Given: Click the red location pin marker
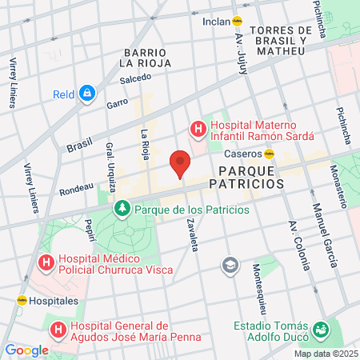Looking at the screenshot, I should [180, 162].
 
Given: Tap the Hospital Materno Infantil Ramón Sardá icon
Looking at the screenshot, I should [195, 128].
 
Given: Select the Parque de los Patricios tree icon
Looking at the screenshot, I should [122, 210].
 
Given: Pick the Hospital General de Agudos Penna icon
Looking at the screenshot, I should [58, 329].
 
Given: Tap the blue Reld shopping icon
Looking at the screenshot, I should [87, 94].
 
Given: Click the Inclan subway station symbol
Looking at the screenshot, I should [238, 22].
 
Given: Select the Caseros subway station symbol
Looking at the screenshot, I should [270, 153].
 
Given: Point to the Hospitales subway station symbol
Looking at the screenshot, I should [22, 301].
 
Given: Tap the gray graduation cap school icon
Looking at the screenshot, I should [230, 265].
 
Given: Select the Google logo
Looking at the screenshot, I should [26, 350].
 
